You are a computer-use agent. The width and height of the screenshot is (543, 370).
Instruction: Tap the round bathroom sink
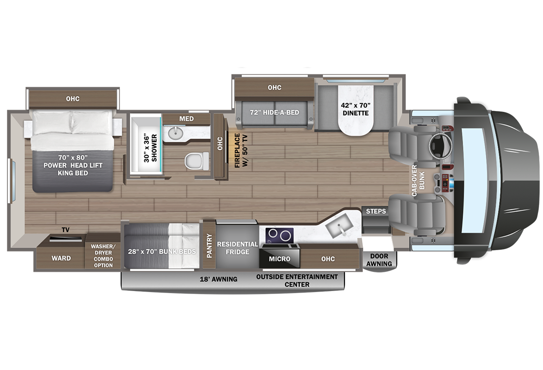pos(176,132)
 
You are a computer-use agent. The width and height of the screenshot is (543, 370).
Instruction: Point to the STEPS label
pos(376,211)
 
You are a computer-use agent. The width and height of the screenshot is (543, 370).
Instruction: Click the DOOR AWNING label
pos(379,260)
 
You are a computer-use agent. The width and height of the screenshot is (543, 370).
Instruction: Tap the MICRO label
pos(279,259)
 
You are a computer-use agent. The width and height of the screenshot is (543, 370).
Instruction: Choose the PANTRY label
pos(209,245)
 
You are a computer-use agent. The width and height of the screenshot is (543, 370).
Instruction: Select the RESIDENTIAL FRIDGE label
pos(237,248)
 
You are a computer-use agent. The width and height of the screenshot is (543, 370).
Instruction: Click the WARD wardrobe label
pos(61,258)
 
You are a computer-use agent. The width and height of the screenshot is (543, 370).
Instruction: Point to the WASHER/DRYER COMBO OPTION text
pos(103,256)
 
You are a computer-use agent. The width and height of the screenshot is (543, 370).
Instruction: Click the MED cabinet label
pos(186,119)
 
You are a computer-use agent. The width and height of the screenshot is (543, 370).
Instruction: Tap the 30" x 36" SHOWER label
pos(150,148)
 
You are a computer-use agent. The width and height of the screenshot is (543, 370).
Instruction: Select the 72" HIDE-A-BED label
pos(274,112)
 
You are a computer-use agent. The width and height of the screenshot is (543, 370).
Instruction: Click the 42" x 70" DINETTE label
pos(355,109)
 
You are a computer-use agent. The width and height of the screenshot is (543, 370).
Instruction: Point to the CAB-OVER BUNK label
pos(418,181)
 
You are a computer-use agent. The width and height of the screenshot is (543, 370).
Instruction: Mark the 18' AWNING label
pos(219,279)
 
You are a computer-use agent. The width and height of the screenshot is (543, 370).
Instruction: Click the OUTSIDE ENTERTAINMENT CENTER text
pos(297,280)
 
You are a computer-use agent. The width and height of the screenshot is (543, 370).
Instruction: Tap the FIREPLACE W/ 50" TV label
pos(241,150)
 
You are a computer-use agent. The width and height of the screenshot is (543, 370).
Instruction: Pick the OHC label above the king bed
pos(73,99)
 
